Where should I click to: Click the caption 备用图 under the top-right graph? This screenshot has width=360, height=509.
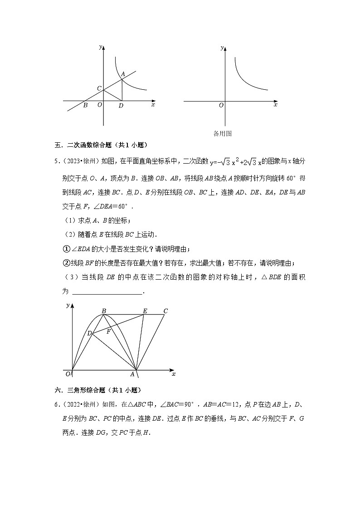[x=223, y=133]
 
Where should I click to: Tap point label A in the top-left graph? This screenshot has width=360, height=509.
[x=122, y=73]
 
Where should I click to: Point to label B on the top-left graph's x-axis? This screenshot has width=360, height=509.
[x=85, y=106]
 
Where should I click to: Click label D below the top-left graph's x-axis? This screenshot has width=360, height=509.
[x=121, y=106]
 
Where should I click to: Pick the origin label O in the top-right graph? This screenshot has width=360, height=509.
[x=221, y=106]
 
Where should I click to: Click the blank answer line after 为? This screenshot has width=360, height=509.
[x=107, y=292]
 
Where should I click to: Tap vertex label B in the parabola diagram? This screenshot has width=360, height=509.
[x=104, y=311]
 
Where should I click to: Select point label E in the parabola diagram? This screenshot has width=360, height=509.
[x=145, y=311]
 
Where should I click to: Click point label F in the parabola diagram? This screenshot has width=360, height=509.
[x=108, y=331]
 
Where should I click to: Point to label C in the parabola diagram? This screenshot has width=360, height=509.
[x=165, y=311]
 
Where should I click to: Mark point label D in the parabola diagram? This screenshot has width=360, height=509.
[x=89, y=333]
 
